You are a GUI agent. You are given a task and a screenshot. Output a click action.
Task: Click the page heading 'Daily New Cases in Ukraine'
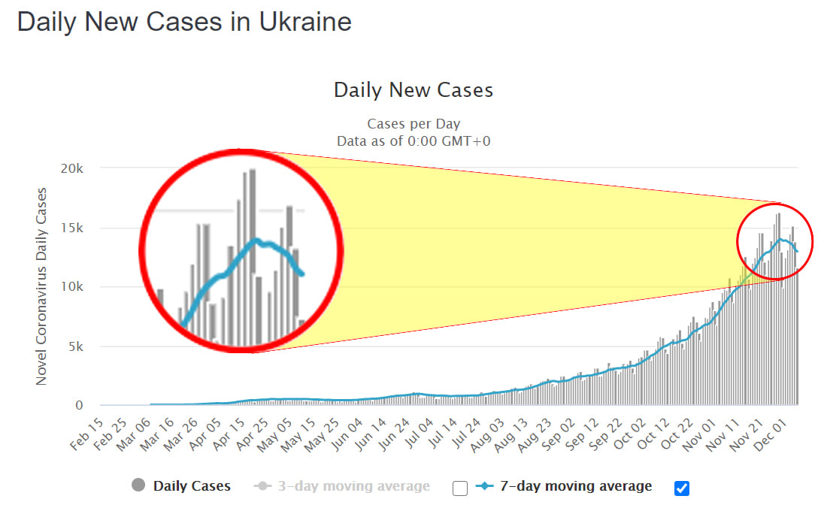pos(184,22)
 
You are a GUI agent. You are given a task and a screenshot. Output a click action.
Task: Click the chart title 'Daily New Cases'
pos(413,91)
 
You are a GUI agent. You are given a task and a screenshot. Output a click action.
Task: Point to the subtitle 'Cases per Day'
pos(413,124)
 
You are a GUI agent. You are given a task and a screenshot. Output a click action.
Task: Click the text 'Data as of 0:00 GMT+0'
pos(413,141)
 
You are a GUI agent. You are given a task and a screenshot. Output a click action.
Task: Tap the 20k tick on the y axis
pos(72,168)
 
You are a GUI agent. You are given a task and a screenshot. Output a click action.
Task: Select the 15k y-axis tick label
pos(72,228)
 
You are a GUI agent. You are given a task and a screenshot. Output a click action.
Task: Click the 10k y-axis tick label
pos(72,287)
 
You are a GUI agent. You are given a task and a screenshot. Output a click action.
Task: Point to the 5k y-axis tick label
pos(76,346)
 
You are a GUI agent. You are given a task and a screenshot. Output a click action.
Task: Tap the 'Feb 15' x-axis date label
pos(85,433)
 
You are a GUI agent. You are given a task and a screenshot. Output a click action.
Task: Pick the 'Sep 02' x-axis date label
pos(564,433)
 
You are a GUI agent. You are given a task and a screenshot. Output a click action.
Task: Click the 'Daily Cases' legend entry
pos(192,486)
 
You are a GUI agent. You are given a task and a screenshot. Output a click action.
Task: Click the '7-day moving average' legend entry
pos(576,486)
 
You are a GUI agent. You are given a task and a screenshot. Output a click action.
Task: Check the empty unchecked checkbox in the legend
pos(460,488)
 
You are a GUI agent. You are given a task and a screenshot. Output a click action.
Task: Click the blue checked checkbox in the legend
pos(681,488)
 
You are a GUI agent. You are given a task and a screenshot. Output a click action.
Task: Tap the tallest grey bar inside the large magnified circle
pos(253,256)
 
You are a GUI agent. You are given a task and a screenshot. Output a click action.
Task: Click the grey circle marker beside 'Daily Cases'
pos(138,486)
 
